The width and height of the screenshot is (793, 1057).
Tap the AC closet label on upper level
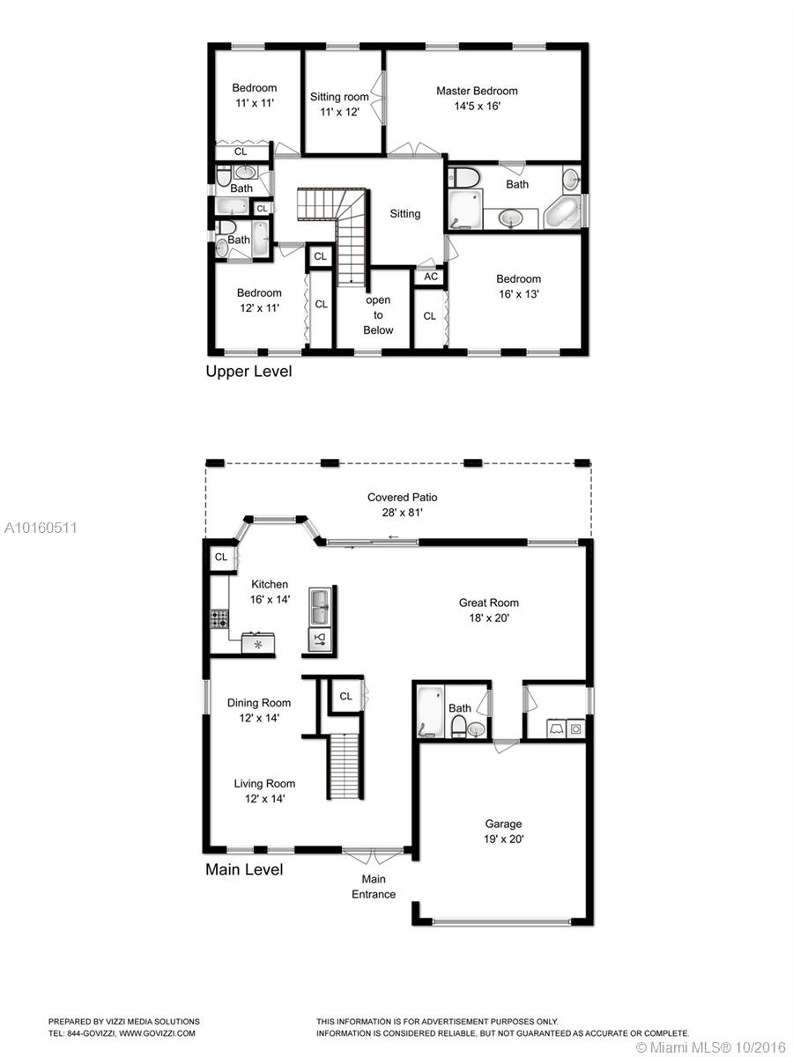431,277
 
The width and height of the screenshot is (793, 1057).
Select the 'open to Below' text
378,315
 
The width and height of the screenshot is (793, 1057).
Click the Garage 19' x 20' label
504,832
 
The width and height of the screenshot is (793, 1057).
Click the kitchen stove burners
219,619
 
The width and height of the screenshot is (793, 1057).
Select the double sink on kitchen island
320,607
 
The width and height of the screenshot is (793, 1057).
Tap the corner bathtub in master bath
562,213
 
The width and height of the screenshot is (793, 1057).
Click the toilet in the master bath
463,177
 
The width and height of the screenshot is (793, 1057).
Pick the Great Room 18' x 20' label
489,610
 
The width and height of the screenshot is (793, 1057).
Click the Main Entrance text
374,886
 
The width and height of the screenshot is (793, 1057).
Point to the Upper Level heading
248,372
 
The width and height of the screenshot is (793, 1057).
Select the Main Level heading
244,869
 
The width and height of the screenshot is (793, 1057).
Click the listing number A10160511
41,528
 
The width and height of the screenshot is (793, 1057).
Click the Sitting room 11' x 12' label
339,105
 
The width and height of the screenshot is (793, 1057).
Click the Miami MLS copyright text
711,1046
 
